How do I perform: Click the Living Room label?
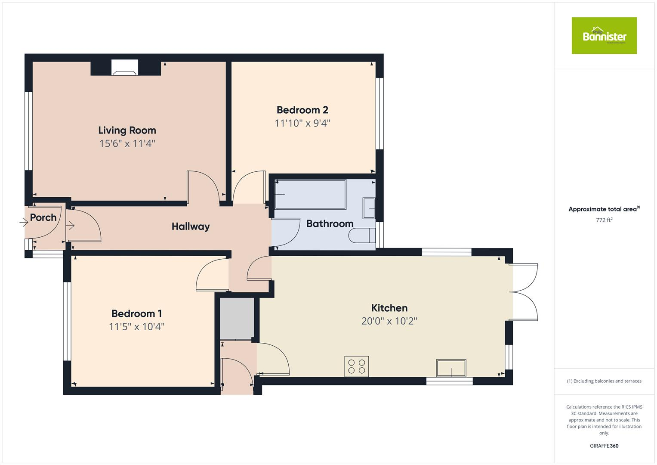tap(127, 130)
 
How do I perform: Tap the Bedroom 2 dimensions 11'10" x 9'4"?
tap(302, 124)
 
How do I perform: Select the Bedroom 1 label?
tap(136, 313)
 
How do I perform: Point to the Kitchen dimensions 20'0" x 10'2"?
tap(389, 321)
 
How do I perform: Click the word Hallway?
tap(191, 226)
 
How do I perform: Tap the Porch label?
tap(43, 218)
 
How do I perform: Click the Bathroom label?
tap(330, 224)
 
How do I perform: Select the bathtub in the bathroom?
tap(310, 195)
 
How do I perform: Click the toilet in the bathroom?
tap(362, 236)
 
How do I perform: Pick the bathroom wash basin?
tap(369, 208)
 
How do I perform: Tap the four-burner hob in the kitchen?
tap(357, 366)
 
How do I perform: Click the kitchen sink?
tap(451, 369)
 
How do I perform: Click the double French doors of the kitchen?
tap(524, 292)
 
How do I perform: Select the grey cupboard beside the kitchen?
tap(237, 318)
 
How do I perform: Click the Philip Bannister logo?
tap(604, 36)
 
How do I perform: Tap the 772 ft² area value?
tap(604, 220)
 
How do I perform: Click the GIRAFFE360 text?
tap(604, 446)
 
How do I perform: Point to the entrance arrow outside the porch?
tap(24, 223)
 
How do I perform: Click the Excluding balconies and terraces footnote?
tap(604, 381)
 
